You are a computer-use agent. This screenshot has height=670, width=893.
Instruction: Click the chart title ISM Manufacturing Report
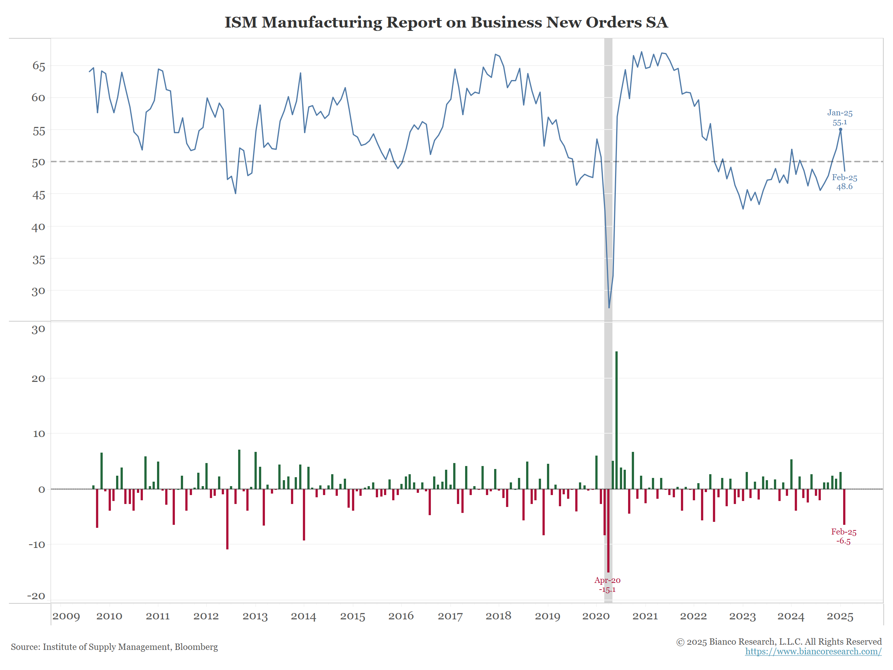point(446,22)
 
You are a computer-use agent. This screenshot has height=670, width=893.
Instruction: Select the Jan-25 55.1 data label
point(840,118)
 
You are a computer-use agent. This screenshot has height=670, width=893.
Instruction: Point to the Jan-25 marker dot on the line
point(841,130)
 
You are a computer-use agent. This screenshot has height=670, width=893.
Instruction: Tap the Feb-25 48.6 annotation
point(845,182)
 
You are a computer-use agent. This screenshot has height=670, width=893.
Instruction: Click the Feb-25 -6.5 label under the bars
point(844,537)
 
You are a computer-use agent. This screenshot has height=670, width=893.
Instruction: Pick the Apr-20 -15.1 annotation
point(607,585)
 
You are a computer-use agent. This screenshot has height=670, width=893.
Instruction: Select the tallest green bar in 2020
point(617,420)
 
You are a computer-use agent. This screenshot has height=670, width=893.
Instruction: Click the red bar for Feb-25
point(844,507)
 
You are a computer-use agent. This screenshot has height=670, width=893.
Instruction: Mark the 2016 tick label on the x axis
point(401,616)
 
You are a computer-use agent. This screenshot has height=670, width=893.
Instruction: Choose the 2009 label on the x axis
point(66,616)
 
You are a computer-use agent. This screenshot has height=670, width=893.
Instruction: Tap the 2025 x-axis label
point(840,616)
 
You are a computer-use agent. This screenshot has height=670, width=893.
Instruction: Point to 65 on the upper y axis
point(39,66)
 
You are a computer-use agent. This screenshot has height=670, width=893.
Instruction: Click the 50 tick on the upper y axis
point(39,162)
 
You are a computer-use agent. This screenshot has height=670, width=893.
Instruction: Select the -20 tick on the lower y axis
point(36,596)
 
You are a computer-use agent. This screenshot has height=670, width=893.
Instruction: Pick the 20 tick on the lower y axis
point(38,379)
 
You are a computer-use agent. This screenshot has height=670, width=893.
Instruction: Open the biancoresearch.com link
point(813,651)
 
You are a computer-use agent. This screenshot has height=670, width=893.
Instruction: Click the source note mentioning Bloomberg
point(114,647)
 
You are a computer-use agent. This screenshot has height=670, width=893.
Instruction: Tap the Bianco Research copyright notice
point(779,642)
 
